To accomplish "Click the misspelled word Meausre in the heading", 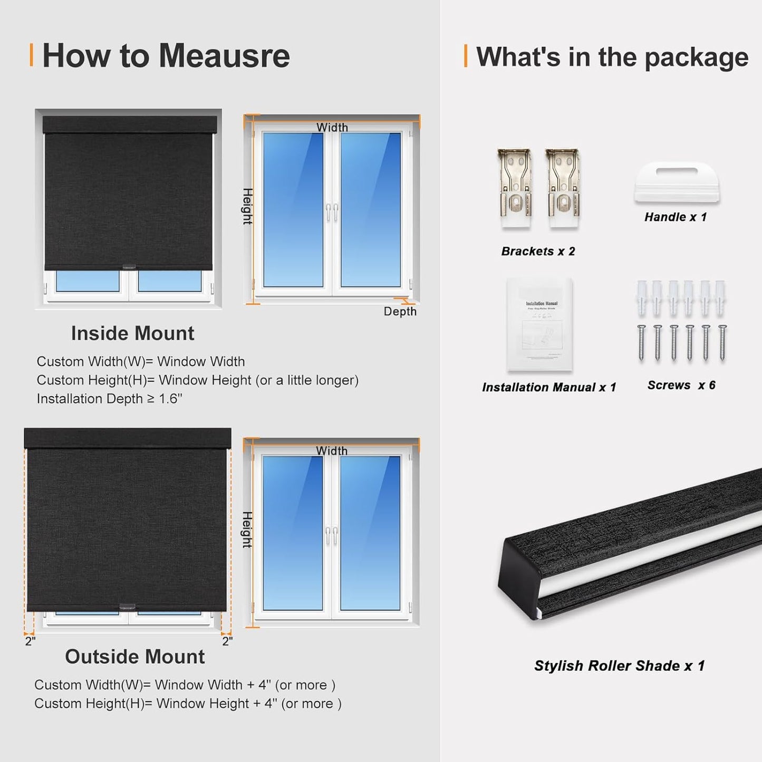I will pos(224,56).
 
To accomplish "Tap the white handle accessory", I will pos(677,182).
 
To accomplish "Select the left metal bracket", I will pos(515,189).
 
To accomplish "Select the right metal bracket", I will pos(563,189).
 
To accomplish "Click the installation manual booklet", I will pos(539,324).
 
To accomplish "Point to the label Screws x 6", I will pos(681,385).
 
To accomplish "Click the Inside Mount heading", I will pos(132,333).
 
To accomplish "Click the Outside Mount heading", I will pos(134,657).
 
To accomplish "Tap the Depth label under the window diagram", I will pos(400,312).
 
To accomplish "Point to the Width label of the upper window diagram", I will pos(332,128).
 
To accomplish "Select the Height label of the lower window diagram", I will pos(247,529).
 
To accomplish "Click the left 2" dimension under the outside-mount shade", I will pos(30,641).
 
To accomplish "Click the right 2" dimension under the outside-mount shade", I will pos(227,641).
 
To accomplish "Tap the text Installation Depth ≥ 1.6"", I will pos(110,399).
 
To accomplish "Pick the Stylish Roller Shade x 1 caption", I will pos(619,666).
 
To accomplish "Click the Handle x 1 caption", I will pos(675,217).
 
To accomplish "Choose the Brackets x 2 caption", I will pos(538,252).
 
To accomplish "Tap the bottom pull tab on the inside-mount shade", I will pos(129,267).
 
